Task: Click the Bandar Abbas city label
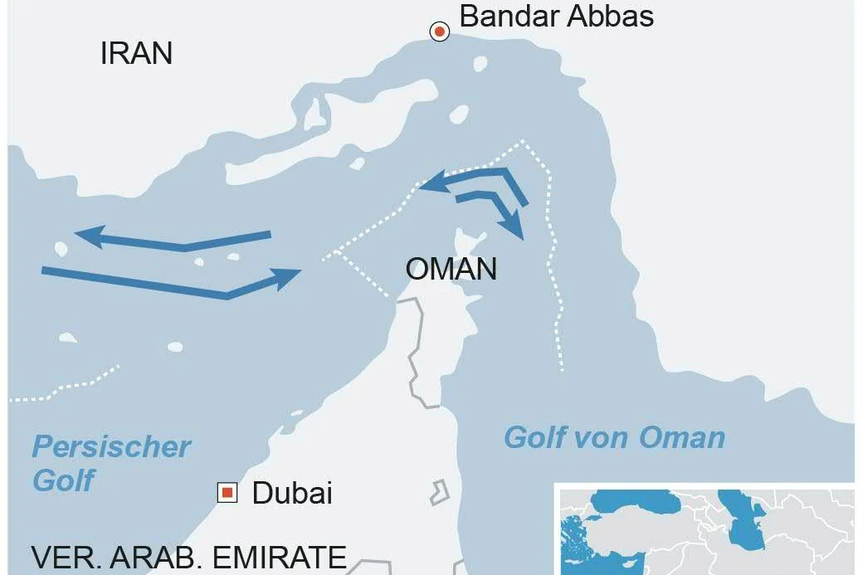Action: pos(556,17)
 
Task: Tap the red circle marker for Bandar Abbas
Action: pos(439,32)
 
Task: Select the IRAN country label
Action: pos(136,54)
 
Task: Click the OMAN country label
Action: pos(451,269)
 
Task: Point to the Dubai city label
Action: pos(292,493)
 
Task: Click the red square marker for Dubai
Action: pos(227,493)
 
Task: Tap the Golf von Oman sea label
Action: pos(614,437)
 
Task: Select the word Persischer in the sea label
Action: pos(111,447)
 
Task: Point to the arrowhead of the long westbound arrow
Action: pos(87,236)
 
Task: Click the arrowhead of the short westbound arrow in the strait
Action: pos(431,185)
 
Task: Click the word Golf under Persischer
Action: pos(64,480)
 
